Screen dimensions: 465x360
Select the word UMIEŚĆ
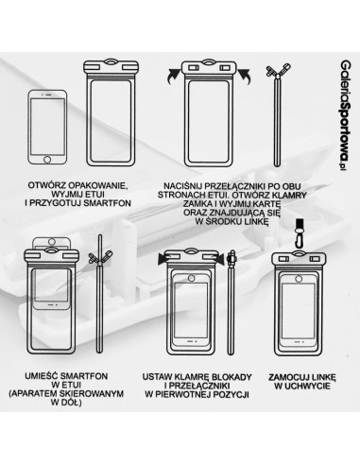pyautogui.click(x=43, y=374)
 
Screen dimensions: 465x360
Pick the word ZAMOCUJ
pyautogui.click(x=283, y=374)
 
